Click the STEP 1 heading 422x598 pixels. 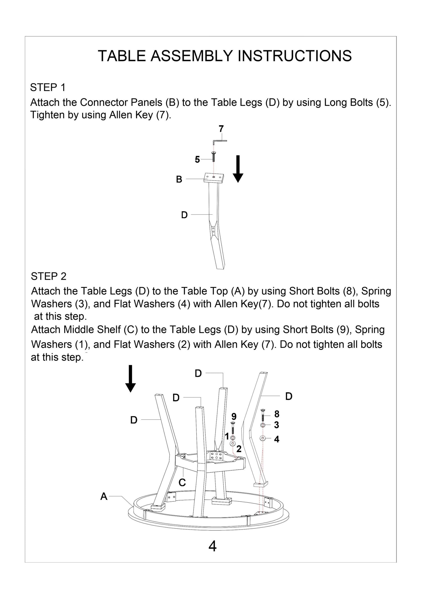(x=48, y=88)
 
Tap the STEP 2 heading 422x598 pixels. (x=48, y=276)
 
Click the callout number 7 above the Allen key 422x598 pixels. (x=221, y=129)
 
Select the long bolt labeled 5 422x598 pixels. (x=214, y=156)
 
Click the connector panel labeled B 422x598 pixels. (x=214, y=177)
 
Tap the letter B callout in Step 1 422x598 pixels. (x=179, y=179)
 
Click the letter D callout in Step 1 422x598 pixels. (x=184, y=215)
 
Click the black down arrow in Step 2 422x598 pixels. (x=130, y=378)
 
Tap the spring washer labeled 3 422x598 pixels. (x=263, y=425)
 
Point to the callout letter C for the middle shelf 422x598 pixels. (x=182, y=483)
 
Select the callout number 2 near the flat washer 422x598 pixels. (x=239, y=448)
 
